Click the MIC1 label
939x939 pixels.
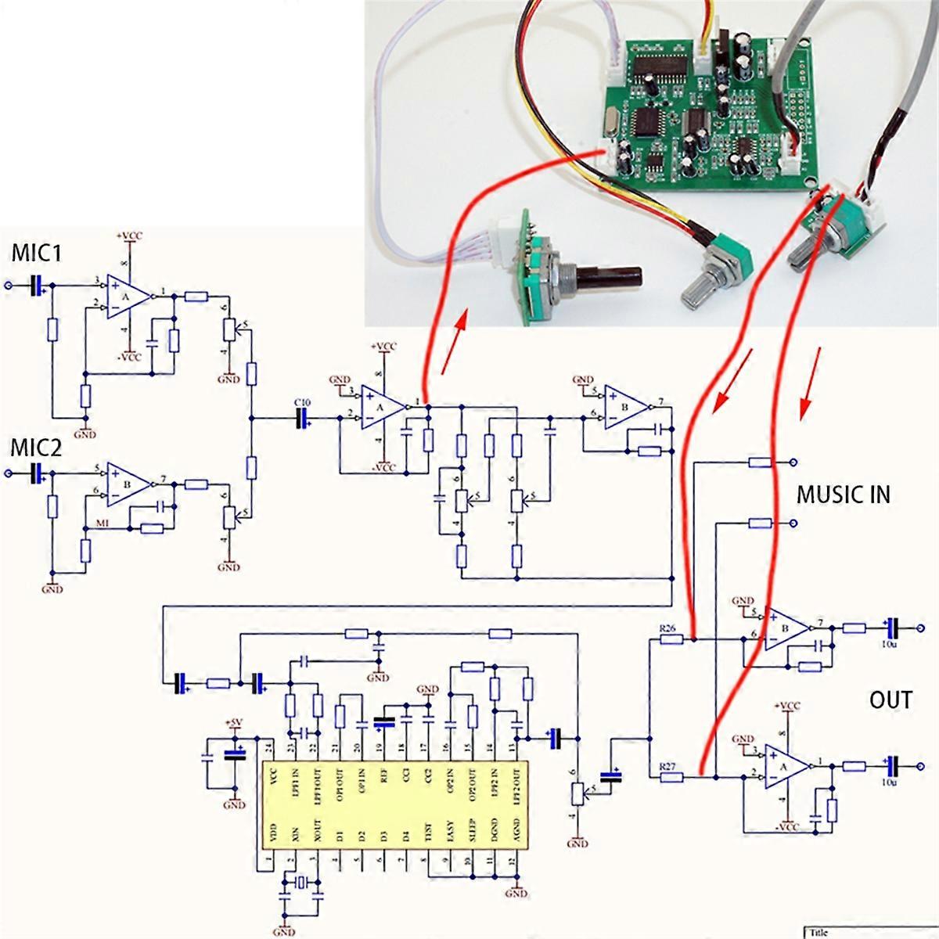click(x=35, y=254)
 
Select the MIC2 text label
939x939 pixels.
click(x=35, y=448)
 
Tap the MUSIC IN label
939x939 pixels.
click(x=844, y=495)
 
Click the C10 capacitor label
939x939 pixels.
click(x=302, y=402)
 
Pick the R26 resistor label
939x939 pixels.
click(x=667, y=628)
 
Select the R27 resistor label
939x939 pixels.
click(x=667, y=766)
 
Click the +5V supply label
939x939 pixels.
click(x=234, y=721)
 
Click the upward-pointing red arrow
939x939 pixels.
click(x=453, y=340)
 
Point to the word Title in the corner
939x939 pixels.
click(x=818, y=932)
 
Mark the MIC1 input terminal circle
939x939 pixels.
click(x=9, y=286)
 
